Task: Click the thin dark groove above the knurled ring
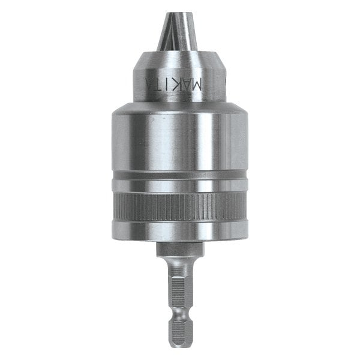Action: (x=180, y=182)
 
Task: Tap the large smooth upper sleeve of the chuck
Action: (x=180, y=144)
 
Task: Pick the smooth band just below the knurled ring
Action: (x=180, y=231)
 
